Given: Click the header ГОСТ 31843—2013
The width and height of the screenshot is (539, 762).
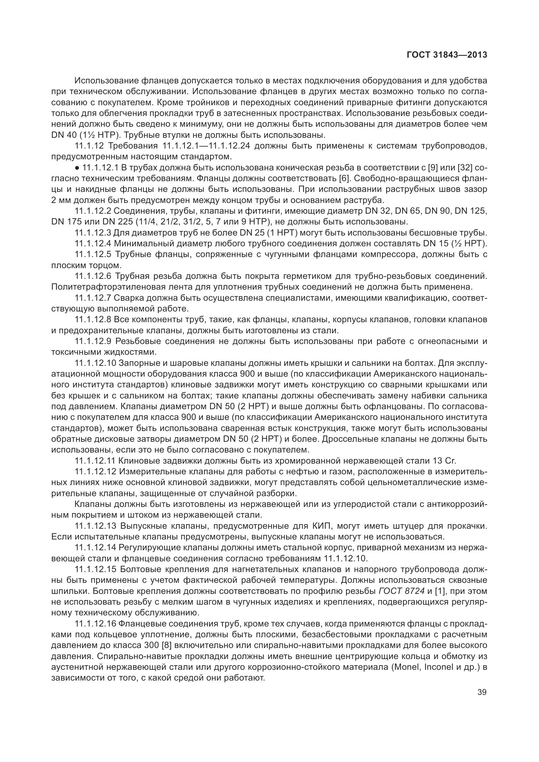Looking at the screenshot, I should pyautogui.click(x=447, y=55).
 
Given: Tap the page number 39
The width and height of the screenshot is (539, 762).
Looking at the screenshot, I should pyautogui.click(x=482, y=692).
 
